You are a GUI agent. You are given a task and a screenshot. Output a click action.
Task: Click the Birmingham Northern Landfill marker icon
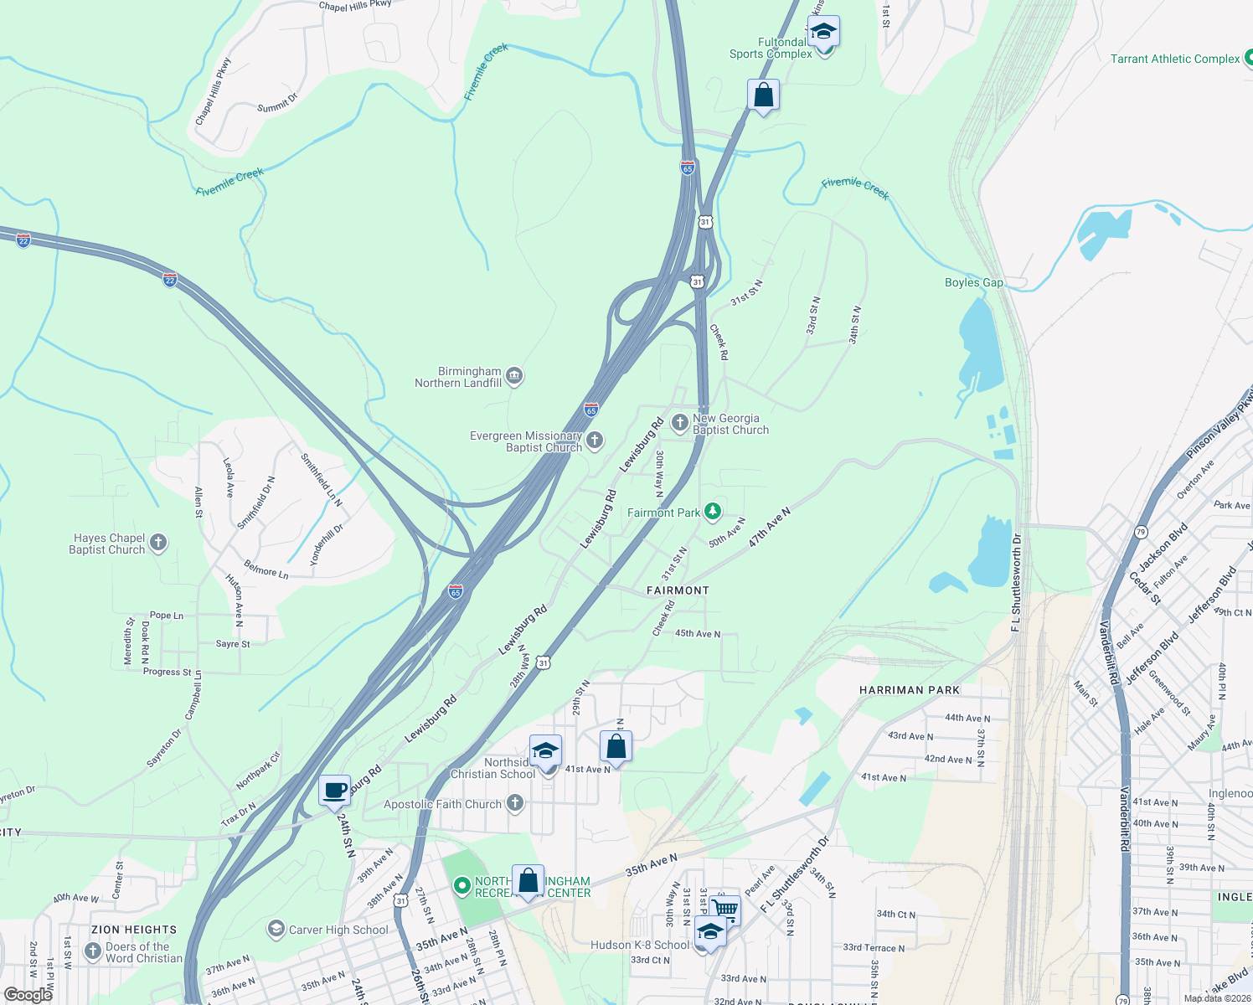pyautogui.click(x=515, y=376)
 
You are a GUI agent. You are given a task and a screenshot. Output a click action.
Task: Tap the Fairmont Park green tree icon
pyautogui.click(x=713, y=511)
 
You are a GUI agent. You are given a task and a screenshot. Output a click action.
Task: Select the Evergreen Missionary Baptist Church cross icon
pyautogui.click(x=595, y=441)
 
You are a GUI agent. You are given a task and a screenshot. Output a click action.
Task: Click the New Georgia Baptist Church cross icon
pyautogui.click(x=680, y=423)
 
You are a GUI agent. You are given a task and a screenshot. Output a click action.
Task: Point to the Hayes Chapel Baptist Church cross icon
pyautogui.click(x=158, y=543)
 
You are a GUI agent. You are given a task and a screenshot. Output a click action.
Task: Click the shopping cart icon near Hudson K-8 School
pyautogui.click(x=725, y=909)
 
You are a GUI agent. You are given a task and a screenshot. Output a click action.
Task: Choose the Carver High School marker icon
pyautogui.click(x=276, y=929)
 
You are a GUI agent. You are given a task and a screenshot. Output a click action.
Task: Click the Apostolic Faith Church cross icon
pyautogui.click(x=515, y=804)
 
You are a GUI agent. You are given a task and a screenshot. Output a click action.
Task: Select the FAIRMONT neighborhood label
pyautogui.click(x=678, y=590)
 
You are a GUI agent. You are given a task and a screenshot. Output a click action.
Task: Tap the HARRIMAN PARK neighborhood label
pyautogui.click(x=910, y=690)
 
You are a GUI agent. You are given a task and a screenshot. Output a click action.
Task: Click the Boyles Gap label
pyautogui.click(x=973, y=282)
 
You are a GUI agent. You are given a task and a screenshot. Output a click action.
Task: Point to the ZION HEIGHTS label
pyautogui.click(x=134, y=930)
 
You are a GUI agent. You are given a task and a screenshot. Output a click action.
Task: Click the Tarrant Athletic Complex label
pyautogui.click(x=1174, y=59)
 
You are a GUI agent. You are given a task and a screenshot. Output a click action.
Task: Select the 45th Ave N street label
pyautogui.click(x=698, y=634)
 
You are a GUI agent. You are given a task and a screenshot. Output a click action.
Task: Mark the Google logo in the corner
pyautogui.click(x=28, y=995)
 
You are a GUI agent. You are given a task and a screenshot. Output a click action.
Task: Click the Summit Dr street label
pyautogui.click(x=277, y=103)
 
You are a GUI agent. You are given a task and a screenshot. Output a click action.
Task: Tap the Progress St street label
pyautogui.click(x=168, y=672)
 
